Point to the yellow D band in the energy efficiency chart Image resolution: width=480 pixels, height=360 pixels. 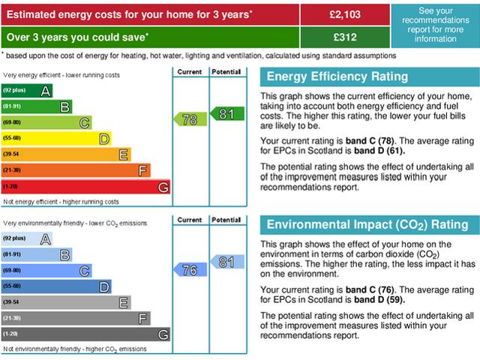[55, 139]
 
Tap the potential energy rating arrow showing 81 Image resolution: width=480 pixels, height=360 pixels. [226, 113]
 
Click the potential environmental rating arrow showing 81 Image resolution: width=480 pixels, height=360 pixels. [226, 262]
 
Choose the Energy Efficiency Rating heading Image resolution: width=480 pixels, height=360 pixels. [337, 77]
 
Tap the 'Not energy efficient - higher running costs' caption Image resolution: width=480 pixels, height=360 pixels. [61, 202]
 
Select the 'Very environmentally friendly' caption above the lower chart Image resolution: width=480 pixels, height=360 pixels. [75, 223]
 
